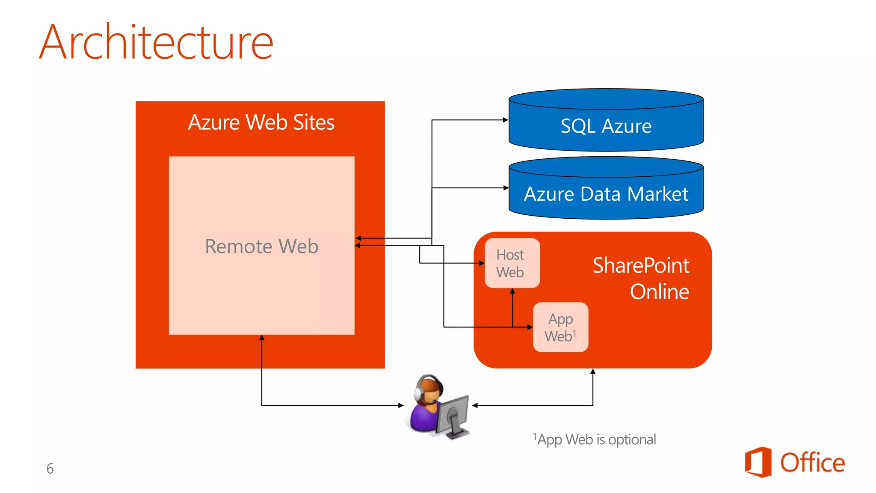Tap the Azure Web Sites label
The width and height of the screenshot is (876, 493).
click(261, 122)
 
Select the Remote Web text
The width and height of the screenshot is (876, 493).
click(261, 246)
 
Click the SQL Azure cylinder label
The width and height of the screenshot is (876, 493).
click(606, 126)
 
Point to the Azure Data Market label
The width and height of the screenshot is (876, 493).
click(606, 194)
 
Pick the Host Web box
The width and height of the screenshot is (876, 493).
click(512, 263)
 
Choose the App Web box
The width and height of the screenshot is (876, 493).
click(560, 327)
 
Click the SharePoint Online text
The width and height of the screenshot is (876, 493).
click(641, 278)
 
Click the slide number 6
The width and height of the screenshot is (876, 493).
click(50, 469)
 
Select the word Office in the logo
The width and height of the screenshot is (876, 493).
click(812, 463)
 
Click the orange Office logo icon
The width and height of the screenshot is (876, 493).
click(758, 462)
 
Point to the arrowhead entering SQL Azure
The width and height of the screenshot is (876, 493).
click(506, 120)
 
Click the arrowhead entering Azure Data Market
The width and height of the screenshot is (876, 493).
click(506, 188)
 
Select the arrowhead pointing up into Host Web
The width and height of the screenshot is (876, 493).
click(512, 291)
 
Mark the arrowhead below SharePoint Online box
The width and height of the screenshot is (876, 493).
click(593, 371)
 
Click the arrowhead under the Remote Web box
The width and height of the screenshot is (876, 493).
click(262, 338)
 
